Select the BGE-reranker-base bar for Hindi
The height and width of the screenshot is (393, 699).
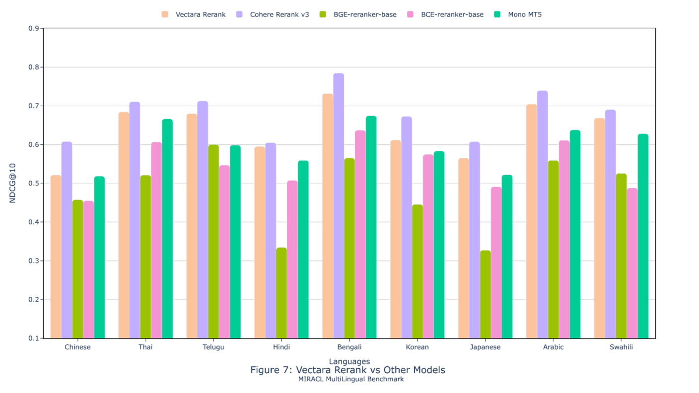281,293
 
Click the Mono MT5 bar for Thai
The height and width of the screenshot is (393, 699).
167,229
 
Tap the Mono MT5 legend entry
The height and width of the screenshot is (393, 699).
524,14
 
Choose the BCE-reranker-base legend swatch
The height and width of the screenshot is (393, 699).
412,14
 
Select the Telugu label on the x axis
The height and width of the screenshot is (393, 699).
213,347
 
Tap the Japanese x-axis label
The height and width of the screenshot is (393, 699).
485,347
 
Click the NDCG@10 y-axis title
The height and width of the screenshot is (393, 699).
13,184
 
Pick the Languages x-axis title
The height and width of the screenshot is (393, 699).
349,361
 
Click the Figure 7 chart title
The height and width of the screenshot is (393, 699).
348,370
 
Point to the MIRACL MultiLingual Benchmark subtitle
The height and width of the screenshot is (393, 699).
351,379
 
